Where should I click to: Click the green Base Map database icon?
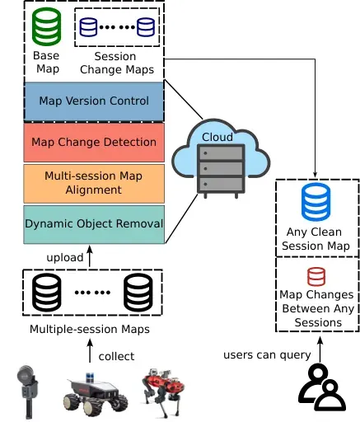(x=46, y=26)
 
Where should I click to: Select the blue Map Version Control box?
(x=94, y=101)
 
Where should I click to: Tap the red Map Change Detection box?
(x=94, y=143)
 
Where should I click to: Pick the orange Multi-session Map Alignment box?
(x=94, y=183)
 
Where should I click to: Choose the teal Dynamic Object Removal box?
(x=94, y=224)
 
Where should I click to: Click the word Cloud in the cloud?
(x=217, y=137)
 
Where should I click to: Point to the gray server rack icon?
(x=221, y=171)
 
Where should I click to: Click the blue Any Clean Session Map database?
(x=316, y=201)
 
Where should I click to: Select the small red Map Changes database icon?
(x=316, y=276)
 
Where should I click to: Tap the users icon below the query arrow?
(x=322, y=387)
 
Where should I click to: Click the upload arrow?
(x=90, y=256)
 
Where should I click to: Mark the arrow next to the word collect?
(x=90, y=351)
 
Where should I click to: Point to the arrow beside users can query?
(x=320, y=349)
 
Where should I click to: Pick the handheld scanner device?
(x=27, y=392)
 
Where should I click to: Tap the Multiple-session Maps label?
(x=90, y=329)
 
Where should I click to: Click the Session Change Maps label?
(x=117, y=63)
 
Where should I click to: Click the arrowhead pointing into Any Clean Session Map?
(x=315, y=175)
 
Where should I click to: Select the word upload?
(x=65, y=258)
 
